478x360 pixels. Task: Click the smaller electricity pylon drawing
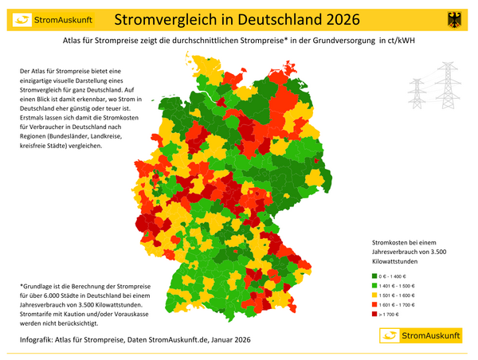pos(418,93)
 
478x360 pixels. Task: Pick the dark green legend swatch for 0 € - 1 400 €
pos(375,275)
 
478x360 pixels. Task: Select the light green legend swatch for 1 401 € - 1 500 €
pos(375,285)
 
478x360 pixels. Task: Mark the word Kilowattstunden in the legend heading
pos(395,260)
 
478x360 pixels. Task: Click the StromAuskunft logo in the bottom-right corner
pos(417,337)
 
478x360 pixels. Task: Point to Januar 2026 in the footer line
pos(232,339)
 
